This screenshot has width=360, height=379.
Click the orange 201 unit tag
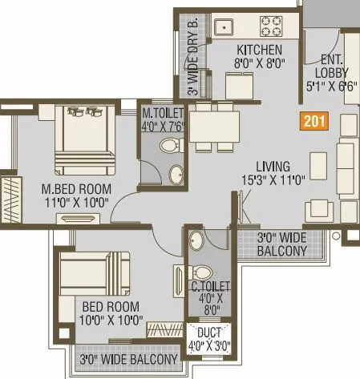click(313, 122)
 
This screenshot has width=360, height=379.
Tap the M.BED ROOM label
click(77, 189)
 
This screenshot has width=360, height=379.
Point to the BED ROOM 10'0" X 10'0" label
click(111, 313)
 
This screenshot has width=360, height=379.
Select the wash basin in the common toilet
click(198, 240)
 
